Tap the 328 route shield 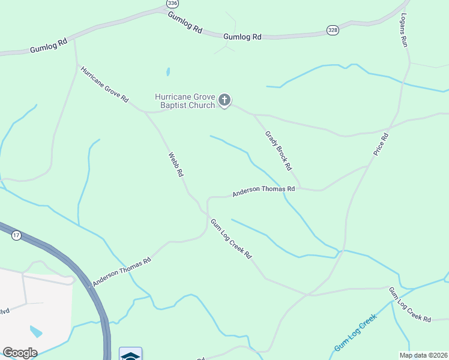tap(333, 29)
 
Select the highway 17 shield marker tap(16, 236)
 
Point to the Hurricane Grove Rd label tap(104, 85)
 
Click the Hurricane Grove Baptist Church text tap(184, 101)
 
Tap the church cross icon tap(224, 100)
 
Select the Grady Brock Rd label tap(279, 149)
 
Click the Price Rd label tap(381, 145)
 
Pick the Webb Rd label tap(175, 164)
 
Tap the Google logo tap(20, 353)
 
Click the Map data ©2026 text tap(423, 355)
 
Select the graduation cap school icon tap(130, 355)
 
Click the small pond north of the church tap(168, 72)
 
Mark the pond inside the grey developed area tap(36, 331)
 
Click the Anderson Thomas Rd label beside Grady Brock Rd tap(264, 190)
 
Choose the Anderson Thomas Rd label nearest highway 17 tap(122, 271)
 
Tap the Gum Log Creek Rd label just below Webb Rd tap(231, 238)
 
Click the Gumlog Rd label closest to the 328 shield tap(243, 37)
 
